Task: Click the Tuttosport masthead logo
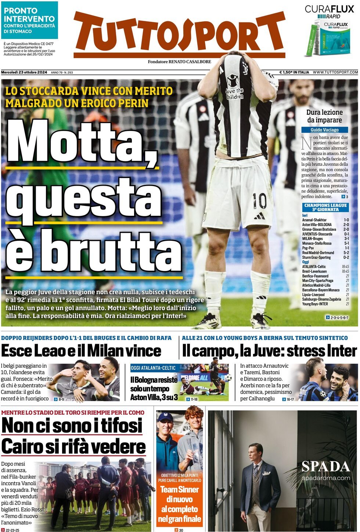coord(179,34)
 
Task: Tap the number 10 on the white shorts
coord(259,201)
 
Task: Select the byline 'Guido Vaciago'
coord(324,130)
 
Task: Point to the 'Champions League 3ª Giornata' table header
coord(325,207)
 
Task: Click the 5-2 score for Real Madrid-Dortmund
coord(346,253)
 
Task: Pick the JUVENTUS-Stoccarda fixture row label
coord(317,234)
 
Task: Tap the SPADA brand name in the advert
coord(325,467)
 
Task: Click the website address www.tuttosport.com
coord(335,72)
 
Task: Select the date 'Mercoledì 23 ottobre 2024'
coord(24,72)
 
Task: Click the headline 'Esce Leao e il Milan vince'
coord(81,351)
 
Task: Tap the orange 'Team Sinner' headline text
coord(179,489)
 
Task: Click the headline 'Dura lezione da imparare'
coord(324,116)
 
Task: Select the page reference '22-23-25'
coord(12,530)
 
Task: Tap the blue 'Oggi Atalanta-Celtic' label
coord(153,368)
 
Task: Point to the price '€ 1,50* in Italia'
coord(294,72)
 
